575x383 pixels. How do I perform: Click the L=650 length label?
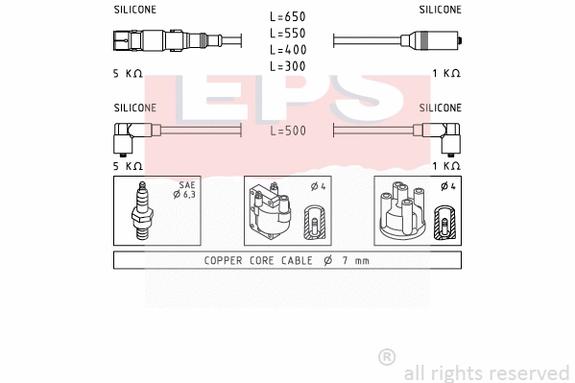(x=287, y=16)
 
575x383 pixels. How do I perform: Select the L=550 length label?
(x=287, y=33)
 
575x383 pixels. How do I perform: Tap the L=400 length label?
(x=287, y=49)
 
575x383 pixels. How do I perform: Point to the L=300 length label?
(x=287, y=65)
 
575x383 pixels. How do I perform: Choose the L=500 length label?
(x=287, y=131)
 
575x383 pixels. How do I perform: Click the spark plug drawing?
(x=140, y=212)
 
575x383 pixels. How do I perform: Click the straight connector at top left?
(x=159, y=41)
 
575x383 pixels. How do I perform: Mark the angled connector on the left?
(x=128, y=138)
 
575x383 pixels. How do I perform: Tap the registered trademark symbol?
(x=386, y=357)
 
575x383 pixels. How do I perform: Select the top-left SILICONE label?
(x=134, y=10)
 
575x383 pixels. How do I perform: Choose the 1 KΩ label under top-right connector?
(x=445, y=74)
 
